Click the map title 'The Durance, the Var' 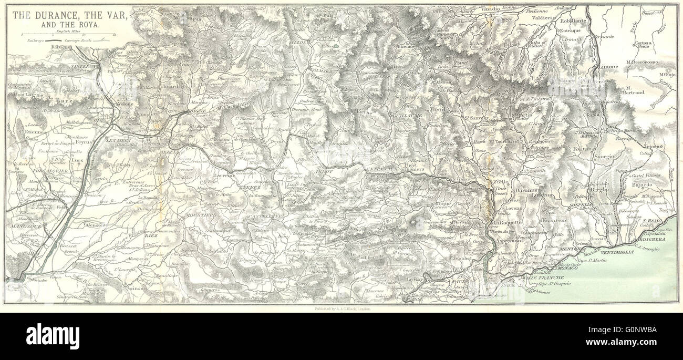(69, 15)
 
